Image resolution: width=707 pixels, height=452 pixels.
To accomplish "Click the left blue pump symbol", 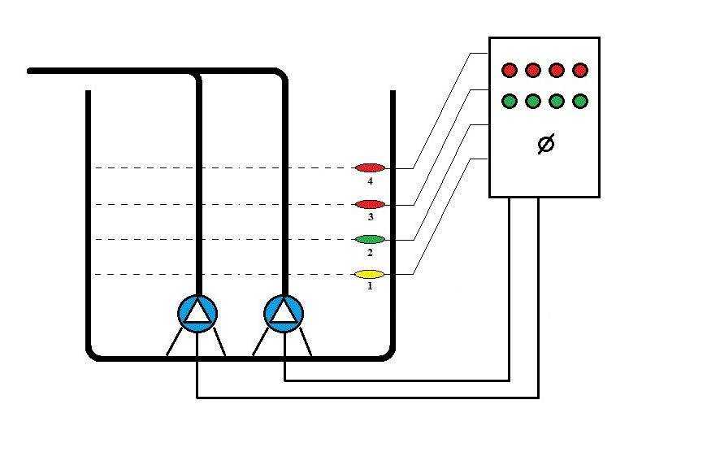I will coord(197,313).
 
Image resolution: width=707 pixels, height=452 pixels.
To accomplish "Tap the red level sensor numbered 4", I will coord(370,168).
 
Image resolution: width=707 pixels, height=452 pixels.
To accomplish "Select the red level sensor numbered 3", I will coord(370,203).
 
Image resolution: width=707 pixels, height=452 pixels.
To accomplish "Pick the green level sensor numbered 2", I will coord(370,239).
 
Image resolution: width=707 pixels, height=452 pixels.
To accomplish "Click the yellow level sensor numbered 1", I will coord(370,274).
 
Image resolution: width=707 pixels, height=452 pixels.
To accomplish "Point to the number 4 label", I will coord(371,180).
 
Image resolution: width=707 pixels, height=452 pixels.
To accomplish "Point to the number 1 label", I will coord(370,286).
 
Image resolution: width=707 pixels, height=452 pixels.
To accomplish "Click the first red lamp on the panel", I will coord(510,70).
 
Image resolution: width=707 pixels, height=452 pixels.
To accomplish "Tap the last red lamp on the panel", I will coord(579,70).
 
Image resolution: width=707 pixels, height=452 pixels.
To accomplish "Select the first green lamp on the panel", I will coord(510,102).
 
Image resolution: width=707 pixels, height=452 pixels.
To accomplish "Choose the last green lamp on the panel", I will coord(579,102).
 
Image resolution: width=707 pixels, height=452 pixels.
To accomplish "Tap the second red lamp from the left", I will coord(533,70).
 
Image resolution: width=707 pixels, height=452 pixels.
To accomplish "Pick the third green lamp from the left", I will coord(557,102).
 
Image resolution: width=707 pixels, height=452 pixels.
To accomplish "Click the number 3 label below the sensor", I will coord(370,216).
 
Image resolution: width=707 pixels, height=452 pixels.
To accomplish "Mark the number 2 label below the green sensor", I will coord(370,252).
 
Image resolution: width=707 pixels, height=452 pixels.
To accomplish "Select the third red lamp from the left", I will coord(557,70).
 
